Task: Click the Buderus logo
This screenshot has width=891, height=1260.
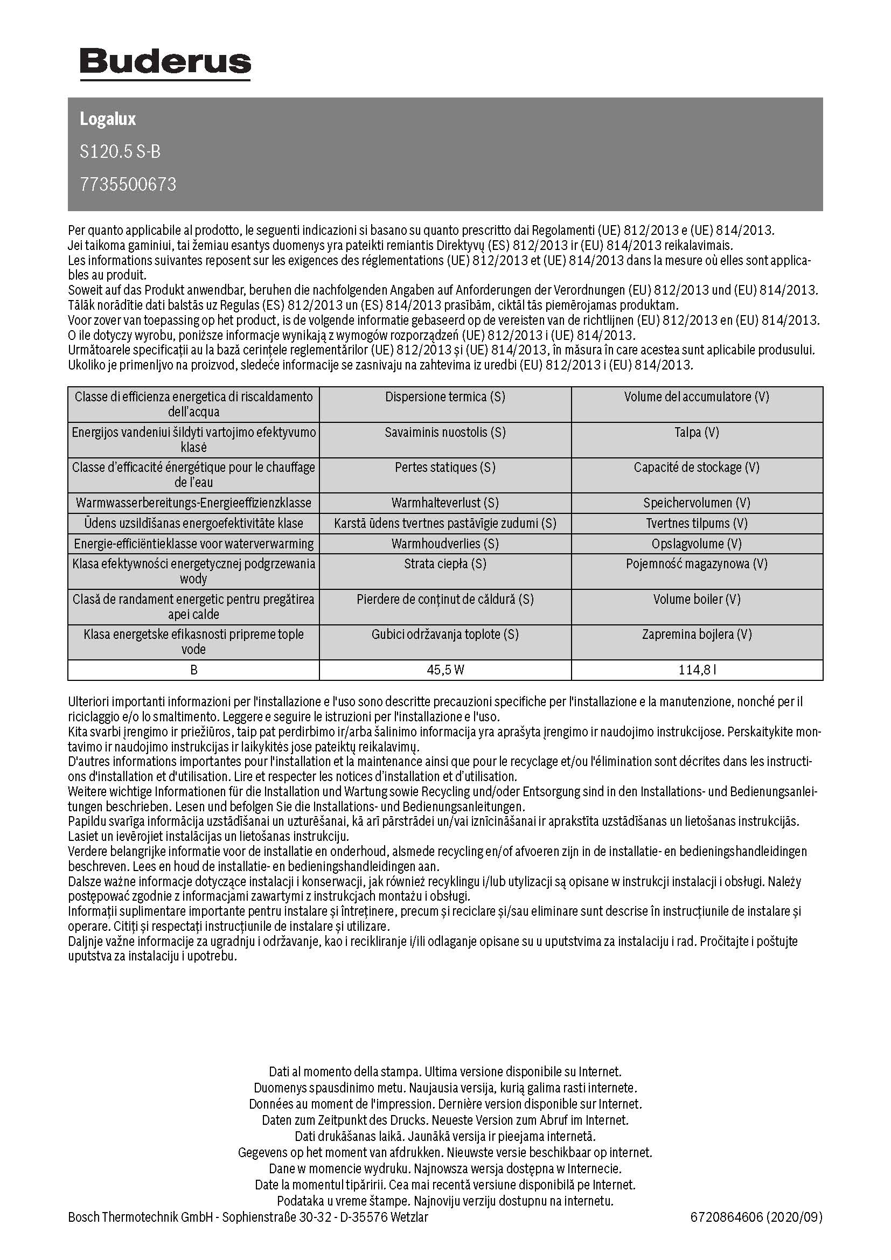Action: [165, 62]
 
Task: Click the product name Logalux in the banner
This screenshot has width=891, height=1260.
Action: [108, 119]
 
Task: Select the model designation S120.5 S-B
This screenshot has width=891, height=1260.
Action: [120, 151]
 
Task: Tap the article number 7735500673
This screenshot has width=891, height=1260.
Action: [128, 184]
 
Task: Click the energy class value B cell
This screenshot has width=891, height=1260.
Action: [193, 670]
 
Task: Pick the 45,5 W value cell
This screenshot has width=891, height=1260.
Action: [445, 670]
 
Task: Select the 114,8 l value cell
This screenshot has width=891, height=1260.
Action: [697, 670]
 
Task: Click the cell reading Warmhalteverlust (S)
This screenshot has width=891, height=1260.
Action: [445, 503]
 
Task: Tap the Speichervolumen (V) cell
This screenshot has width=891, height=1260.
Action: [697, 503]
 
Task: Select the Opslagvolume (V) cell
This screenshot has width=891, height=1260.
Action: [697, 544]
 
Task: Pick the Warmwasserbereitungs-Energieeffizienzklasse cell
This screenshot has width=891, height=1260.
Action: [193, 503]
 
